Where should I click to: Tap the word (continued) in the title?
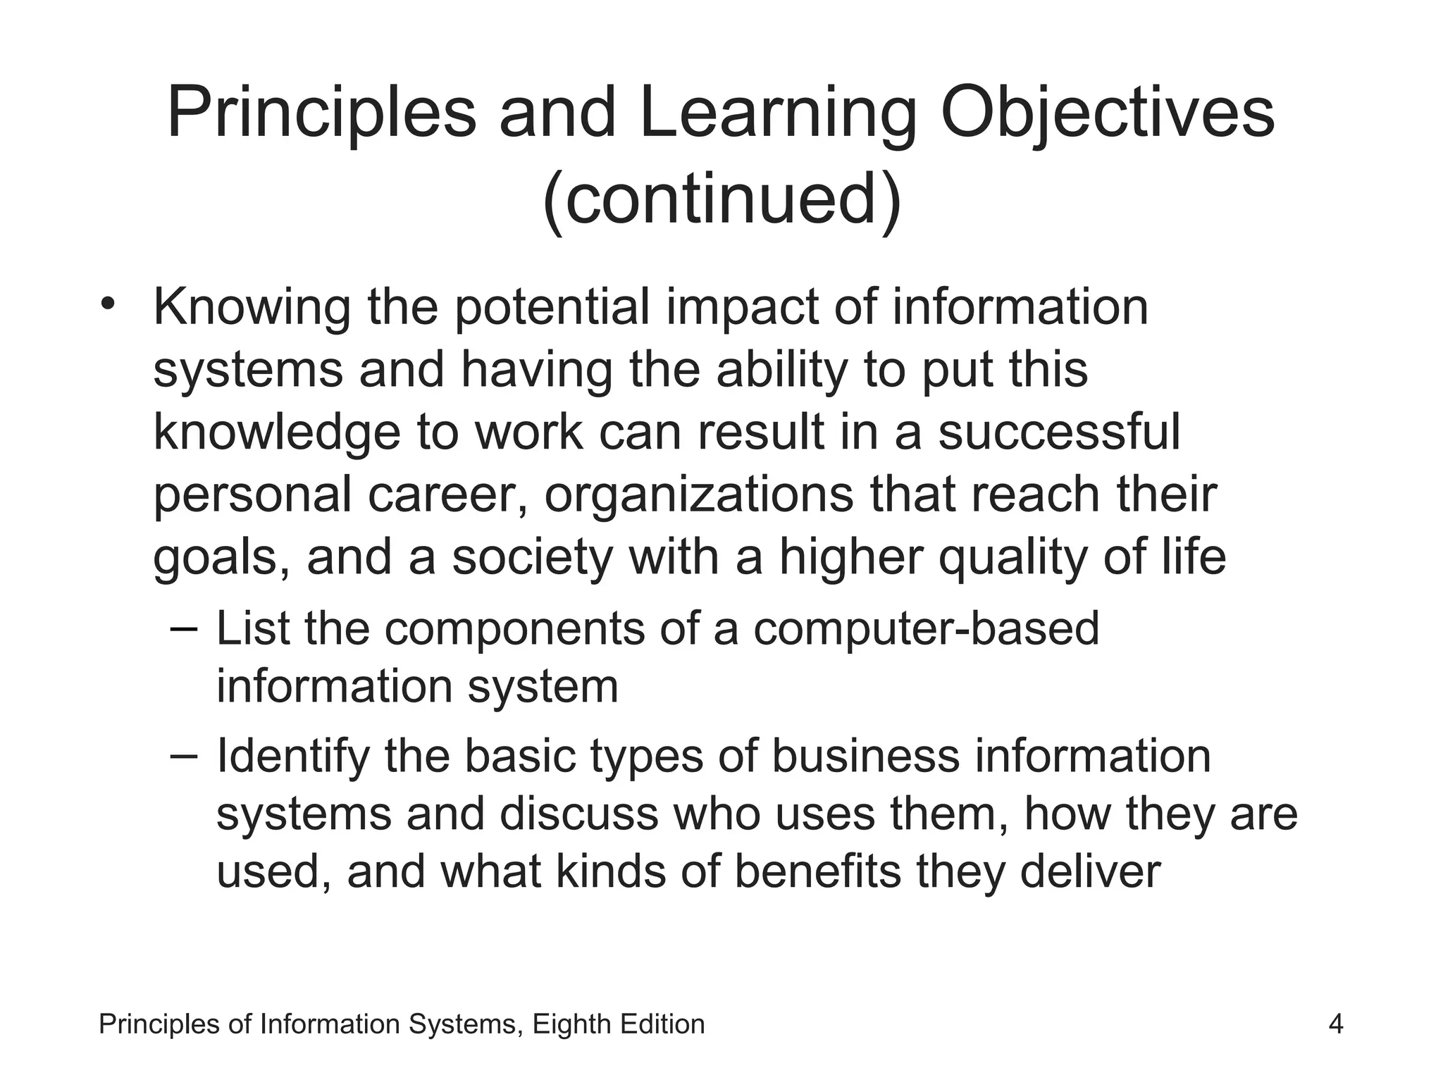click(x=722, y=201)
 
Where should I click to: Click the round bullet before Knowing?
click(x=107, y=305)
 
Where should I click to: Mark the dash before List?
click(x=185, y=625)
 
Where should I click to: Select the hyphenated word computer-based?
click(x=926, y=628)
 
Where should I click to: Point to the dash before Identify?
click(x=185, y=753)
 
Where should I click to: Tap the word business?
click(x=865, y=757)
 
